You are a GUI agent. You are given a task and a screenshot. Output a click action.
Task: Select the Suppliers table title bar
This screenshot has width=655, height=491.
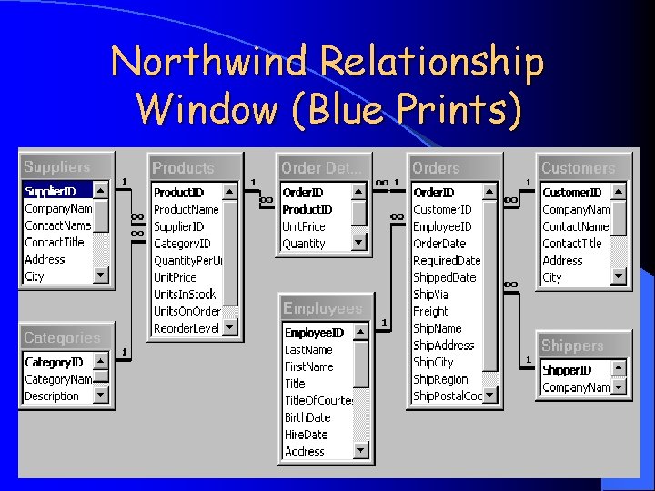pos(57,167)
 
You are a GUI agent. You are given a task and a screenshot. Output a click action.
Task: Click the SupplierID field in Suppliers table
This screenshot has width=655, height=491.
pos(51,192)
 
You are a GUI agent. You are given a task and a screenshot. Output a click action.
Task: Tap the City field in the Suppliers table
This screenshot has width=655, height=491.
pos(35,276)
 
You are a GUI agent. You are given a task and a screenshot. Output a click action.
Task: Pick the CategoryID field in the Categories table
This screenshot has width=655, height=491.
pos(53,362)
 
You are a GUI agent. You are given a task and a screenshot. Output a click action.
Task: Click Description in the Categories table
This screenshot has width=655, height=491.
pos(52,396)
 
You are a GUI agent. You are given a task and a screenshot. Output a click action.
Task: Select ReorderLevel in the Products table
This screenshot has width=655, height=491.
pos(186,328)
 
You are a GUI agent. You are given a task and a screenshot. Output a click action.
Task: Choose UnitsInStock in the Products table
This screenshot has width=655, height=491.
pos(185,294)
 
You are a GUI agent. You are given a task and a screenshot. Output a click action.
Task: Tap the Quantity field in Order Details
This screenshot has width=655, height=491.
pos(304,244)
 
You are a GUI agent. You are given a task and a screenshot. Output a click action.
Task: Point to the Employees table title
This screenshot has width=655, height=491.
pos(323,309)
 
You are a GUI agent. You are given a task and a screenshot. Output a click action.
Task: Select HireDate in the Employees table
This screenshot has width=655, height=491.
pos(307,435)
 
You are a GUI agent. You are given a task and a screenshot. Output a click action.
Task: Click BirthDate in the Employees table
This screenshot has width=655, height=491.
pos(307,417)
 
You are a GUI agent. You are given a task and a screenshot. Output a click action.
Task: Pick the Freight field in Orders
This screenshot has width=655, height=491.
pos(431,311)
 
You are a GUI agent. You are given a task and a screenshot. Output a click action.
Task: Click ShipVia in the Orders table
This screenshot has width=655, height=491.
pos(431,295)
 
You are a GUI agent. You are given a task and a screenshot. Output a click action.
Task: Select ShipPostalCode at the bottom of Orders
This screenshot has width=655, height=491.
pos(448,396)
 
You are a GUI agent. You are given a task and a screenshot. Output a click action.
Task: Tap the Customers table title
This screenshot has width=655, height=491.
pos(578,168)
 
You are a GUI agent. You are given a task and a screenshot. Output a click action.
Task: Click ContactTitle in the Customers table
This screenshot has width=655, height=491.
pos(572,244)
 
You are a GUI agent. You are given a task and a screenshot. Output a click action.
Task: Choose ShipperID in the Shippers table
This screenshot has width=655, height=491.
pos(567,370)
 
